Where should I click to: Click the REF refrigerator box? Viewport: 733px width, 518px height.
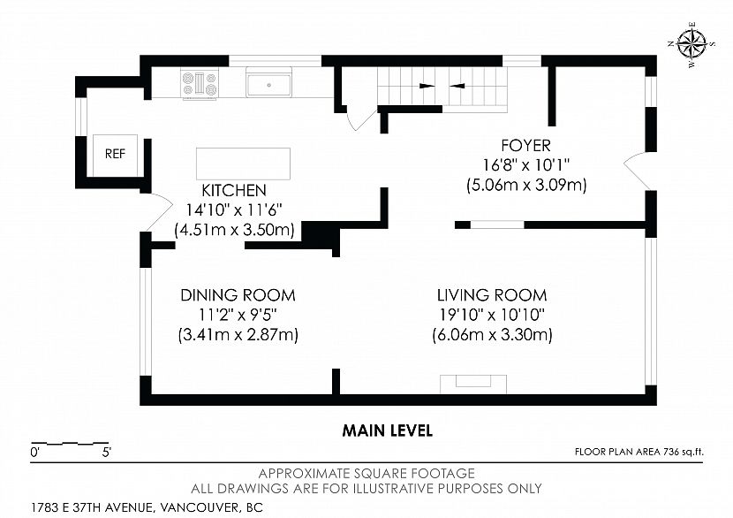pyautogui.click(x=115, y=156)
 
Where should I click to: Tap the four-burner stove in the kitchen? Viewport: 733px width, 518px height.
pyautogui.click(x=200, y=84)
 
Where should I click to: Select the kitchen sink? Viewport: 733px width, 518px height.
pyautogui.click(x=268, y=82)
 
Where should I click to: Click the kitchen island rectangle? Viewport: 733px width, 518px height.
pyautogui.click(x=243, y=164)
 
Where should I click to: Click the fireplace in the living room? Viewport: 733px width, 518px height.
pyautogui.click(x=473, y=385)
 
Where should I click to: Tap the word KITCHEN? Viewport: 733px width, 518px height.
pyautogui.click(x=234, y=190)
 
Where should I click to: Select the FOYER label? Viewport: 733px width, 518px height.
pyautogui.click(x=526, y=146)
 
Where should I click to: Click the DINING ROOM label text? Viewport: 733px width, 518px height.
pyautogui.click(x=238, y=295)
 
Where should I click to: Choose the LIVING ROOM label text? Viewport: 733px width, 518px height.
pyautogui.click(x=492, y=295)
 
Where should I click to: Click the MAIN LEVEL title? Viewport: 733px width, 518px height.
pyautogui.click(x=388, y=430)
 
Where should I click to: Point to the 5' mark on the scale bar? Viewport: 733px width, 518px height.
pyautogui.click(x=107, y=452)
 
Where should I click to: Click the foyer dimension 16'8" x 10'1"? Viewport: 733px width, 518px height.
pyautogui.click(x=526, y=165)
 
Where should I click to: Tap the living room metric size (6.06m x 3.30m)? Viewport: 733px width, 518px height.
pyautogui.click(x=492, y=335)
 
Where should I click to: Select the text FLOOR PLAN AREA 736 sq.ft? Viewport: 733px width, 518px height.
pyautogui.click(x=639, y=452)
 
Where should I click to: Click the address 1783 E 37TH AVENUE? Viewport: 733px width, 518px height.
pyautogui.click(x=92, y=507)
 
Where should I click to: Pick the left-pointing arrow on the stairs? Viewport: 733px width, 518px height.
pyautogui.click(x=457, y=86)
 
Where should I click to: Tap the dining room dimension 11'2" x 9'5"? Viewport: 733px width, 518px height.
pyautogui.click(x=238, y=315)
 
